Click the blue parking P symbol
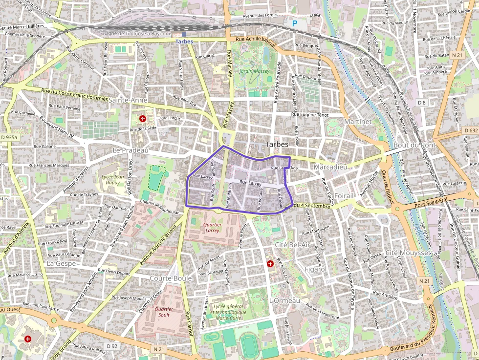294,23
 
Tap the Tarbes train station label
184,42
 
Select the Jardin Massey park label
255,71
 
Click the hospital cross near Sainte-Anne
143,119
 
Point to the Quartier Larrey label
213,227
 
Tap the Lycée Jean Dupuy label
113,180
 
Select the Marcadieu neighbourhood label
330,167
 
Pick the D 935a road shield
9,138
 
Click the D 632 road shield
470,130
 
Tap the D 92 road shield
112,346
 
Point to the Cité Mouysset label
408,253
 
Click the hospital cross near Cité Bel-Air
270,264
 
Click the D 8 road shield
422,103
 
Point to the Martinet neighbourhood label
358,121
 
